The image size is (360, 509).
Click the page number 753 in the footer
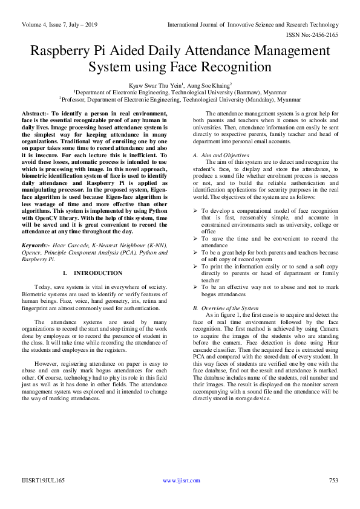click(x=333, y=498)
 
